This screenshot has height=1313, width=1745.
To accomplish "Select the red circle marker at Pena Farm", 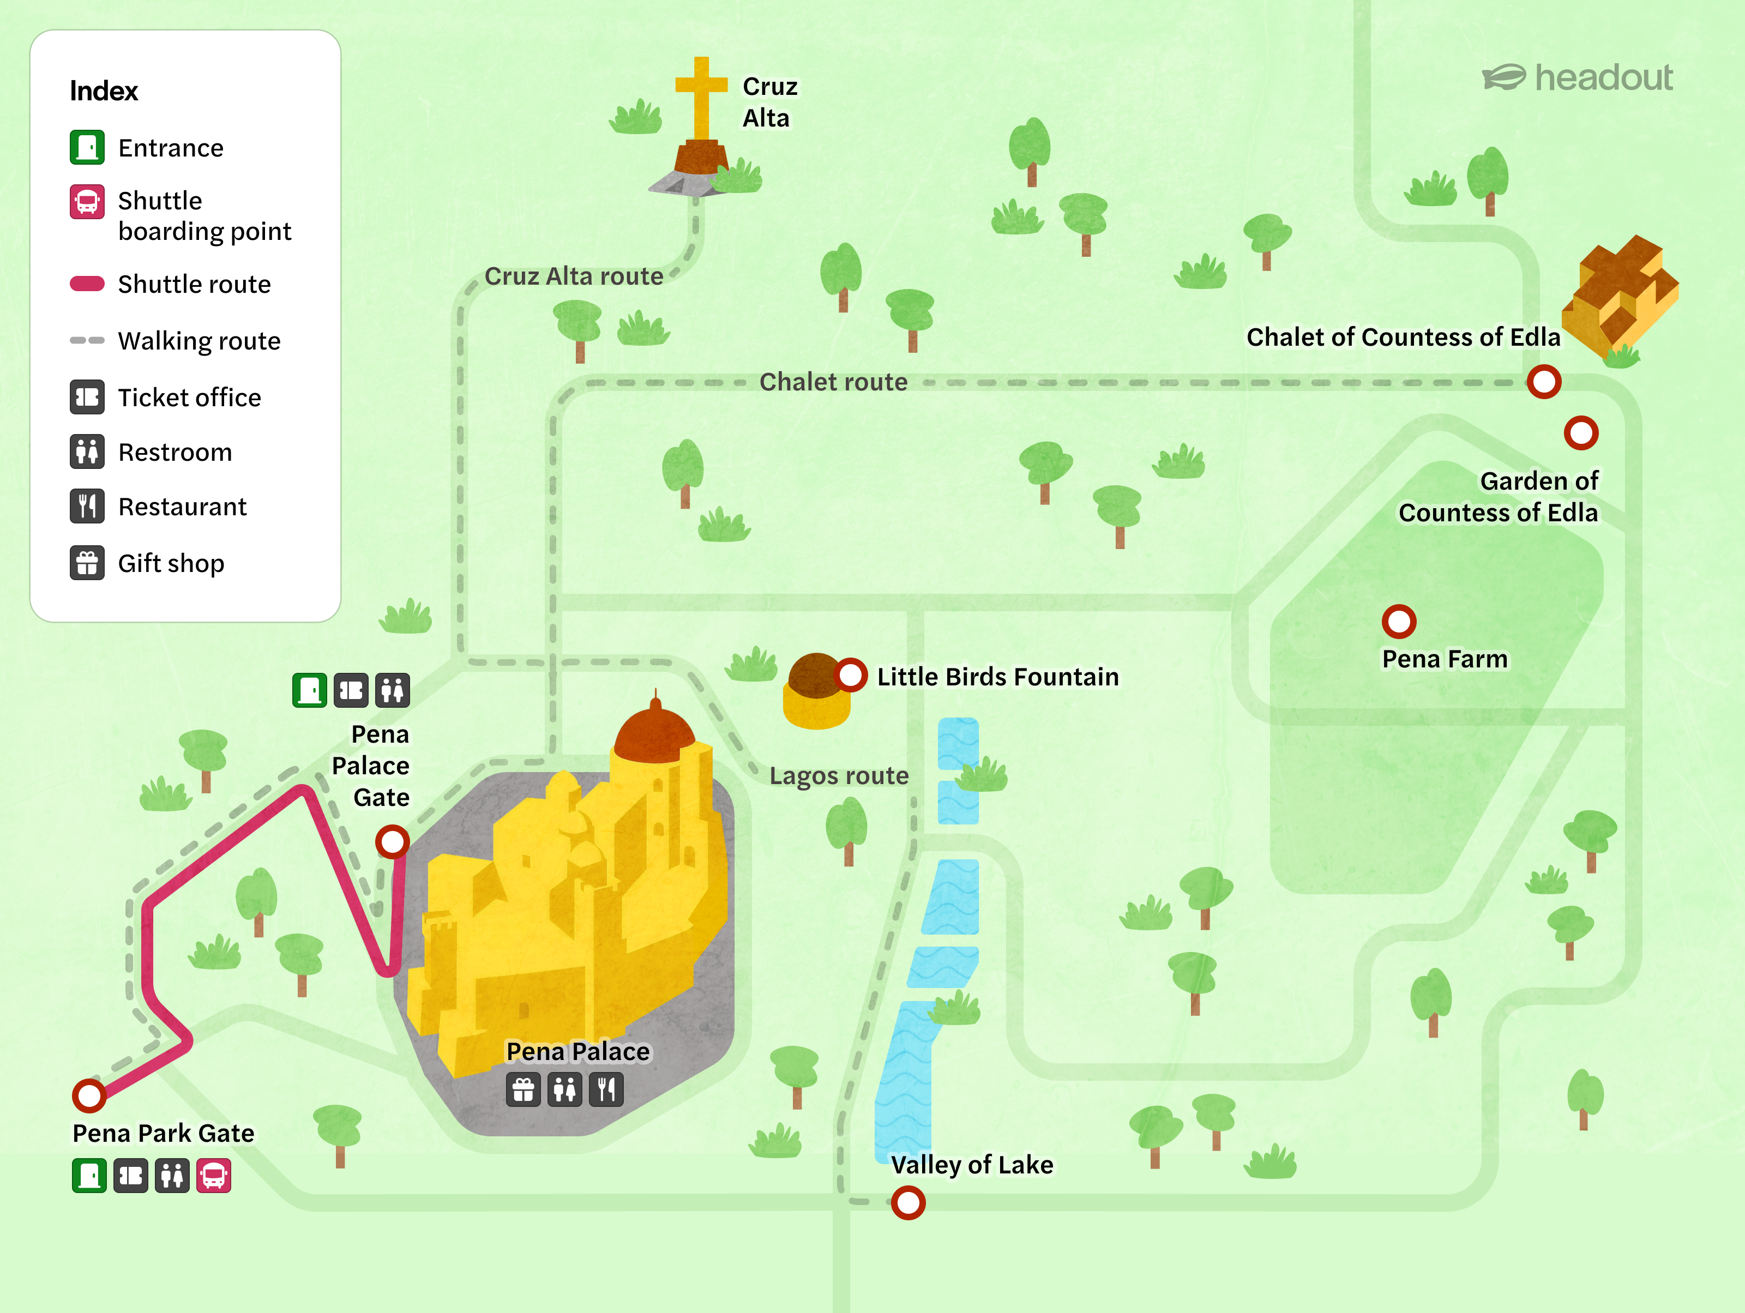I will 1399,622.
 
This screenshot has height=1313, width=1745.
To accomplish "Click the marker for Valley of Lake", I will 908,1203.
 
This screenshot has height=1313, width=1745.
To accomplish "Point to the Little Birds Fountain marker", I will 850,675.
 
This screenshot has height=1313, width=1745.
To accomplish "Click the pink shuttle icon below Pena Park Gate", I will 214,1176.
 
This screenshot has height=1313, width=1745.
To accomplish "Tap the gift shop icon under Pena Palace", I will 523,1090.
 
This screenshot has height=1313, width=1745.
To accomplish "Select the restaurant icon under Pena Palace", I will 606,1090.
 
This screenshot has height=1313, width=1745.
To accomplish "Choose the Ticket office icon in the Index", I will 87,396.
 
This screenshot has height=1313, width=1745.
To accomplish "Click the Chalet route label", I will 833,382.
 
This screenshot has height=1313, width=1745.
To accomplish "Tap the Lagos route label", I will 839,775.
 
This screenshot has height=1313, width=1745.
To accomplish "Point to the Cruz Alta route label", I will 574,276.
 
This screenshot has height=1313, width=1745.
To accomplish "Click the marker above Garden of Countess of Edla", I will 1581,433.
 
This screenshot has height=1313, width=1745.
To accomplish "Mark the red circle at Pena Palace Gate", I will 392,841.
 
